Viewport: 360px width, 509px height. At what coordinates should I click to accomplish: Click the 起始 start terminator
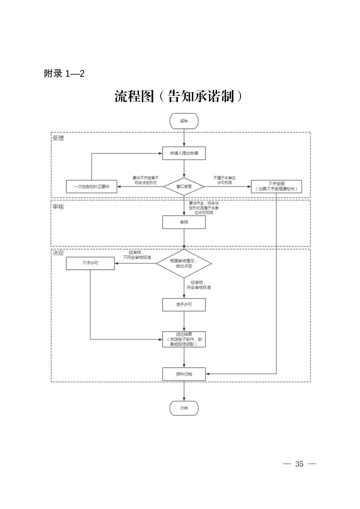[x=184, y=121]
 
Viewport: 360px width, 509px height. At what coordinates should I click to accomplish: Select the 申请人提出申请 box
[x=184, y=153]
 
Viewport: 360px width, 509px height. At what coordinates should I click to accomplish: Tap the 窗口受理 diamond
[x=184, y=186]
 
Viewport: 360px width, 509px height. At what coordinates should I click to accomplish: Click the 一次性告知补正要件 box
[x=92, y=187]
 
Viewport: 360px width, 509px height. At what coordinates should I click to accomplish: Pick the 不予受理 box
[x=276, y=186]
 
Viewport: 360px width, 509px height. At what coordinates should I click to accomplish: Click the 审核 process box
[x=184, y=222]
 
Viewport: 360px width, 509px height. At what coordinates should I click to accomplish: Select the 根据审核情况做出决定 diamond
[x=184, y=263]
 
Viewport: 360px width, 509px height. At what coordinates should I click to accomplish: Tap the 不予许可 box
[x=90, y=263]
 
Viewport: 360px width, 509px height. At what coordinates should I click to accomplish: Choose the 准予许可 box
[x=184, y=305]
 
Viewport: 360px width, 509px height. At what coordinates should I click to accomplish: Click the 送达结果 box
[x=184, y=339]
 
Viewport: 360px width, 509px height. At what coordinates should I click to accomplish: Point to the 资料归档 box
[x=184, y=374]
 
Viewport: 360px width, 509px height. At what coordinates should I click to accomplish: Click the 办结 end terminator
[x=184, y=408]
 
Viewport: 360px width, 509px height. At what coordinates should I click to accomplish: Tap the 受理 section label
[x=58, y=138]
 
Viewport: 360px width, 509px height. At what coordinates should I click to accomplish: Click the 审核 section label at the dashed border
[x=58, y=207]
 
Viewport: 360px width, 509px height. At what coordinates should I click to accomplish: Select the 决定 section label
[x=58, y=253]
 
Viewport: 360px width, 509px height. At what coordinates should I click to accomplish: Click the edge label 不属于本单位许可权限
[x=224, y=180]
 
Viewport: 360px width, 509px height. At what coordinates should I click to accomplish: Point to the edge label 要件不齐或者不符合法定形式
[x=145, y=180]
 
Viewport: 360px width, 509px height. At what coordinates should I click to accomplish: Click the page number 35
[x=299, y=464]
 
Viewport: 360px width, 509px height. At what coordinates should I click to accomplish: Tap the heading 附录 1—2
[x=64, y=74]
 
